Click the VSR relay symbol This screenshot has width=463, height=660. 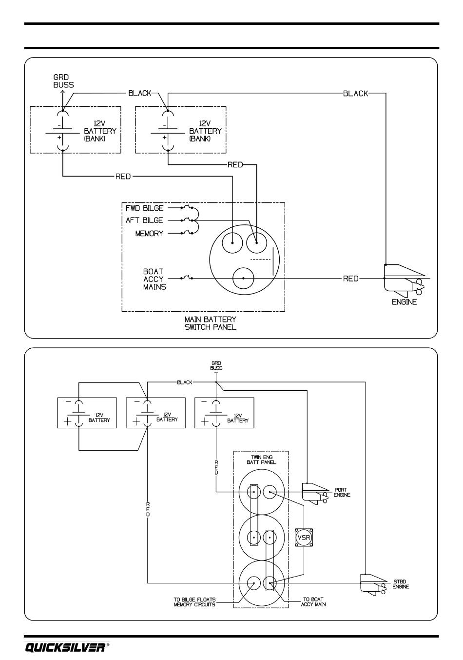[x=304, y=538]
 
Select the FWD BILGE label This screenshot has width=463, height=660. [x=144, y=208]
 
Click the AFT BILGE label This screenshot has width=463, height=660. [x=144, y=220]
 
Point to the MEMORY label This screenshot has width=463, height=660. [x=149, y=233]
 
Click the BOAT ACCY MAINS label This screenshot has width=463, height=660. [x=154, y=279]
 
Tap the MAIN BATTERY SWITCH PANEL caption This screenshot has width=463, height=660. [x=211, y=323]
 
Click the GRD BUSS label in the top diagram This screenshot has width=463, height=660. [x=63, y=81]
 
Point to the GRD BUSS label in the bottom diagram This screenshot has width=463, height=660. [x=216, y=366]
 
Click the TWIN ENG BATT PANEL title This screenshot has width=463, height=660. [x=261, y=460]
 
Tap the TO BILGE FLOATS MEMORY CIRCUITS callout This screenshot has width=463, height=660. [x=194, y=602]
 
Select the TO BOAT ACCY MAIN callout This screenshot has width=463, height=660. [x=313, y=601]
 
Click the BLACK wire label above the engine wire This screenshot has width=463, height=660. [x=356, y=93]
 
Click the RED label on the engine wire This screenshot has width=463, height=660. [x=350, y=279]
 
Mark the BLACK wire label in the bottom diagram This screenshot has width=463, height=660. [x=185, y=382]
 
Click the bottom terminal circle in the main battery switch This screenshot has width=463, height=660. [x=243, y=278]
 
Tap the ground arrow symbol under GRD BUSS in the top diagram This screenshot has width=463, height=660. [x=63, y=92]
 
